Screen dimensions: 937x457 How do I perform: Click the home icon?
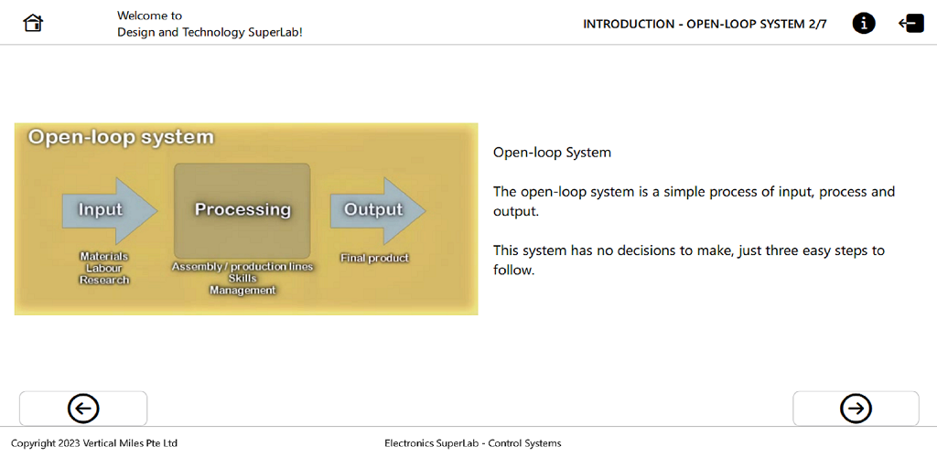pyautogui.click(x=34, y=24)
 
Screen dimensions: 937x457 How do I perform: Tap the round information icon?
pyautogui.click(x=864, y=24)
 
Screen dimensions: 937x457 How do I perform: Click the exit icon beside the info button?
pyautogui.click(x=911, y=24)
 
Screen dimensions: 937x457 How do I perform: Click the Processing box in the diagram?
pyautogui.click(x=242, y=210)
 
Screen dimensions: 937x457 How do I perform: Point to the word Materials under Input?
pyautogui.click(x=104, y=257)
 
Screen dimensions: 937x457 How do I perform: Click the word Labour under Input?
pyautogui.click(x=104, y=269)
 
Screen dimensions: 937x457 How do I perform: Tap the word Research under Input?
pyautogui.click(x=104, y=280)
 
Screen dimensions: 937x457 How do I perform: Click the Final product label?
pyautogui.click(x=374, y=259)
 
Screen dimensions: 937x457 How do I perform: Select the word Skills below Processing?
pyautogui.click(x=242, y=278)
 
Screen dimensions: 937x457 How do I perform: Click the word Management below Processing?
pyautogui.click(x=242, y=290)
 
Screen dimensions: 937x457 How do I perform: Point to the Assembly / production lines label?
pyautogui.click(x=242, y=267)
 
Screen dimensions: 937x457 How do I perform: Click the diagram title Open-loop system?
pyautogui.click(x=121, y=137)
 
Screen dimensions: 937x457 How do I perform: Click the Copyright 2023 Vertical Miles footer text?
pyautogui.click(x=94, y=443)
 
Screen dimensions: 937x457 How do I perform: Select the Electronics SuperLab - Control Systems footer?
pyautogui.click(x=473, y=443)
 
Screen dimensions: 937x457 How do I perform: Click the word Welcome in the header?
pyautogui.click(x=143, y=16)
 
